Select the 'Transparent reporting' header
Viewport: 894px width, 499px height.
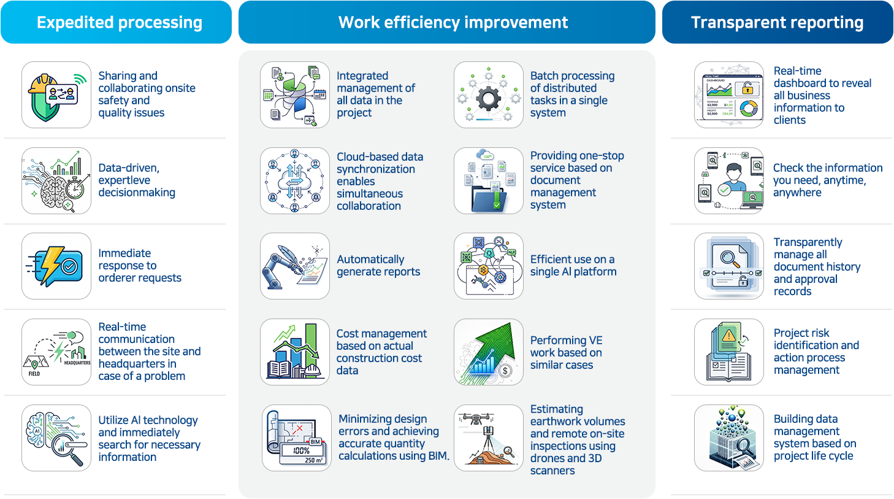[x=777, y=22]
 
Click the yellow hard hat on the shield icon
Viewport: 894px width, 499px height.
[x=42, y=84]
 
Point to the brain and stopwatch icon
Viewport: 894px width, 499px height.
[x=56, y=180]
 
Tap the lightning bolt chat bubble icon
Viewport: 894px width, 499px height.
[x=56, y=266]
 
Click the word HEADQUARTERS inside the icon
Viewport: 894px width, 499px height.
[x=77, y=363]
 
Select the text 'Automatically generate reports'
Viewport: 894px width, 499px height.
[x=378, y=266]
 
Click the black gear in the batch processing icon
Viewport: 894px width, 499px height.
[x=489, y=98]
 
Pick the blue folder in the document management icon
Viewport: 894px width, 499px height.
[x=489, y=199]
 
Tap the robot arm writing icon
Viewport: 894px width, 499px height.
[x=295, y=266]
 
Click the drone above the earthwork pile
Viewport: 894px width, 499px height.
[x=476, y=419]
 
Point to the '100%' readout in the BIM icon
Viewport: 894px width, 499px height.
[x=301, y=451]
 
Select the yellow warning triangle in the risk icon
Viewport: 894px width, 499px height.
[x=729, y=335]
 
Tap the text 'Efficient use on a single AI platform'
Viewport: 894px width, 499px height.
[x=573, y=266]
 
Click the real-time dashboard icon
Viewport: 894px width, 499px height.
[x=729, y=95]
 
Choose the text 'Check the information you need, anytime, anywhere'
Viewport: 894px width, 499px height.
[x=828, y=180]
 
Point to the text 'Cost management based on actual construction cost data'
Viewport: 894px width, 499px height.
[x=381, y=352]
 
